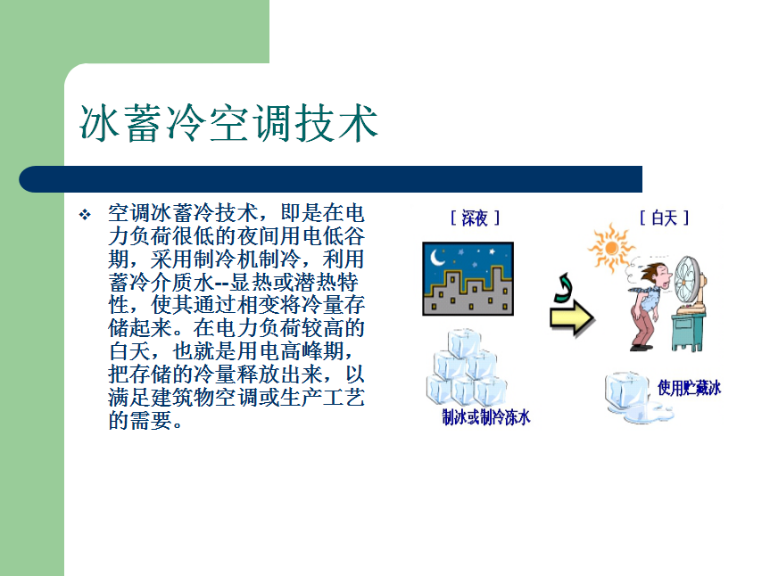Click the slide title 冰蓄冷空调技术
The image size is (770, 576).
(228, 123)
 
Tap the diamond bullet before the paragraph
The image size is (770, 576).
(85, 214)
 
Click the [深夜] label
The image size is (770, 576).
(475, 218)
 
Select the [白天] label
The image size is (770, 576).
(665, 218)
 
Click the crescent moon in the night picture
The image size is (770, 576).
(436, 257)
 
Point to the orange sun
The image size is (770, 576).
(611, 248)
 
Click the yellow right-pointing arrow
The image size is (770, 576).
(572, 319)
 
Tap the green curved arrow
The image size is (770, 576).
(563, 287)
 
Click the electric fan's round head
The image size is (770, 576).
(687, 281)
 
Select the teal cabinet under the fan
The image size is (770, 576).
(689, 331)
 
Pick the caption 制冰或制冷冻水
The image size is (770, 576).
(486, 417)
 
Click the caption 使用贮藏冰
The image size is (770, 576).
(690, 388)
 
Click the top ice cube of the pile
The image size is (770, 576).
(464, 343)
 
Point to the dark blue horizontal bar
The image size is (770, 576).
(330, 179)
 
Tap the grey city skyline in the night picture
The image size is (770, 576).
(468, 294)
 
